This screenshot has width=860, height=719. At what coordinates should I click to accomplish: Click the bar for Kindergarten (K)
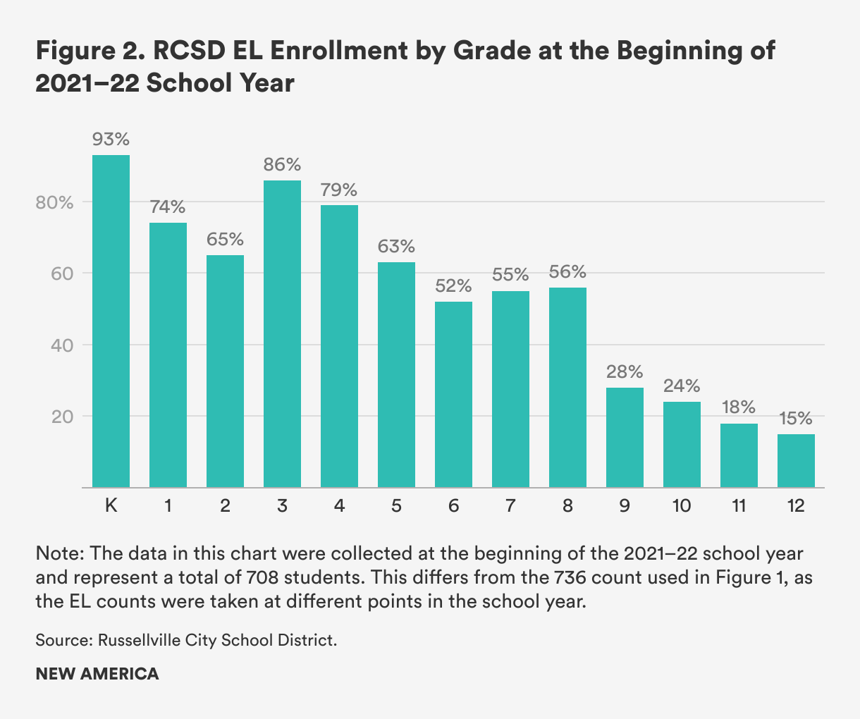(x=111, y=321)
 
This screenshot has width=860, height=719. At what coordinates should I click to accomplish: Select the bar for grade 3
(x=282, y=333)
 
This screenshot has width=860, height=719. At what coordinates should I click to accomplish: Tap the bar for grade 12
(x=796, y=460)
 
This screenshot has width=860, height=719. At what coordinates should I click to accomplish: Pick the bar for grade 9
(x=625, y=437)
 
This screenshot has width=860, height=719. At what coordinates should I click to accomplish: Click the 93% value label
(x=111, y=140)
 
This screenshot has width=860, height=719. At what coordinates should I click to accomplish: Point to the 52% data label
(x=453, y=286)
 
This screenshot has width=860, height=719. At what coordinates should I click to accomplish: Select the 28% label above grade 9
(x=625, y=371)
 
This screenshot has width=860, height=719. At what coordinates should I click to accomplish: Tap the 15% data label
(x=796, y=419)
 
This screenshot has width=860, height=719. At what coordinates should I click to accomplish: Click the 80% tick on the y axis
(x=54, y=202)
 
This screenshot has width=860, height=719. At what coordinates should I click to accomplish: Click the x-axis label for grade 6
(x=453, y=506)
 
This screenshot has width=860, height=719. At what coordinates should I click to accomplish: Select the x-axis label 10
(x=682, y=506)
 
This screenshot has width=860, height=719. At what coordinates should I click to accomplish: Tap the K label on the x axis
(x=111, y=506)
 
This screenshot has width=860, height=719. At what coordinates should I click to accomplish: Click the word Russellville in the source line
(x=140, y=641)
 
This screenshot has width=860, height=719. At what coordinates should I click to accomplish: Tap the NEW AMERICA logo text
(x=97, y=674)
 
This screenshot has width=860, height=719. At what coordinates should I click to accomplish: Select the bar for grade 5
(x=396, y=374)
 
